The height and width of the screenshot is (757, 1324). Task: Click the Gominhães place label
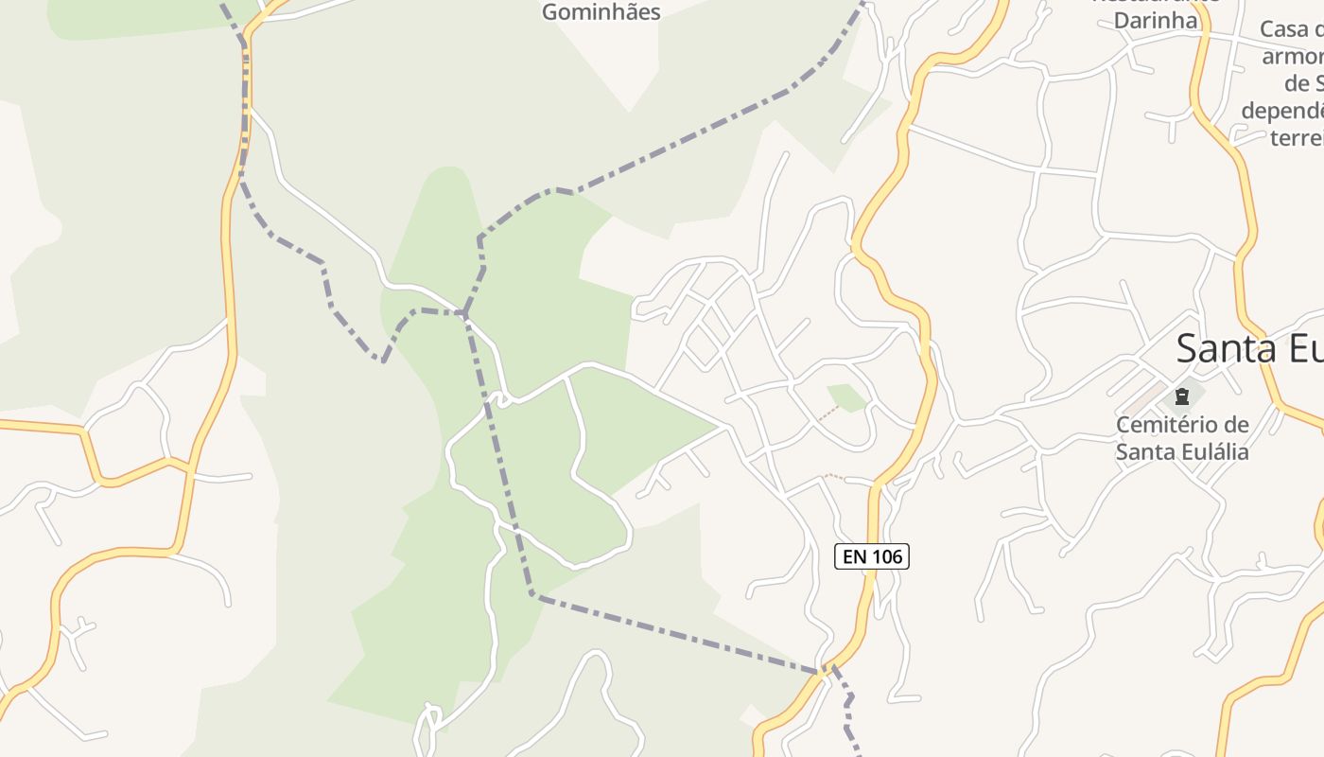click(601, 11)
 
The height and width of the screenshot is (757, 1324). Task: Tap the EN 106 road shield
click(872, 556)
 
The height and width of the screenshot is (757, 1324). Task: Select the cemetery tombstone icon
click(1181, 396)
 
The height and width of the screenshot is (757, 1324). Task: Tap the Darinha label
click(1155, 20)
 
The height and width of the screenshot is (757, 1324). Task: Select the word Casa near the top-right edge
click(1290, 30)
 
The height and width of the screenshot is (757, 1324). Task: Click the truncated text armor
click(1293, 56)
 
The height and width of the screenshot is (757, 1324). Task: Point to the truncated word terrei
click(1297, 137)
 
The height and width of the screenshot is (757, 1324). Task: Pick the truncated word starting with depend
click(1282, 111)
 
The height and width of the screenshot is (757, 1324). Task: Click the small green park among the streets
click(847, 397)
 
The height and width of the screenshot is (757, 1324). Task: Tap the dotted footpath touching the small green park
click(827, 414)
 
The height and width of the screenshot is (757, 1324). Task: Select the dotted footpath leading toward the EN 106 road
click(834, 476)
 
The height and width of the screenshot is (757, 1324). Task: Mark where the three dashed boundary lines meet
click(463, 312)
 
